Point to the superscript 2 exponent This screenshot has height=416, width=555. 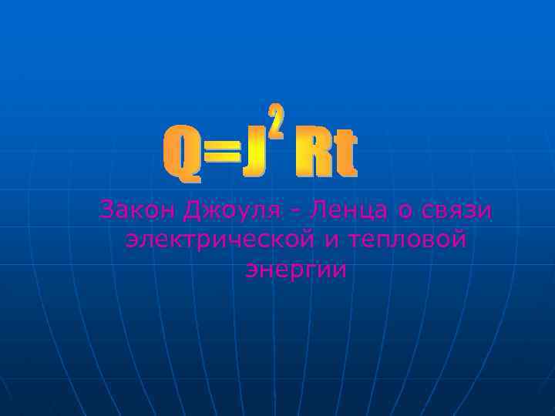coord(277,119)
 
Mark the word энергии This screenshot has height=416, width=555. coord(295,270)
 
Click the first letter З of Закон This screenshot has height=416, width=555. coord(106,210)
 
